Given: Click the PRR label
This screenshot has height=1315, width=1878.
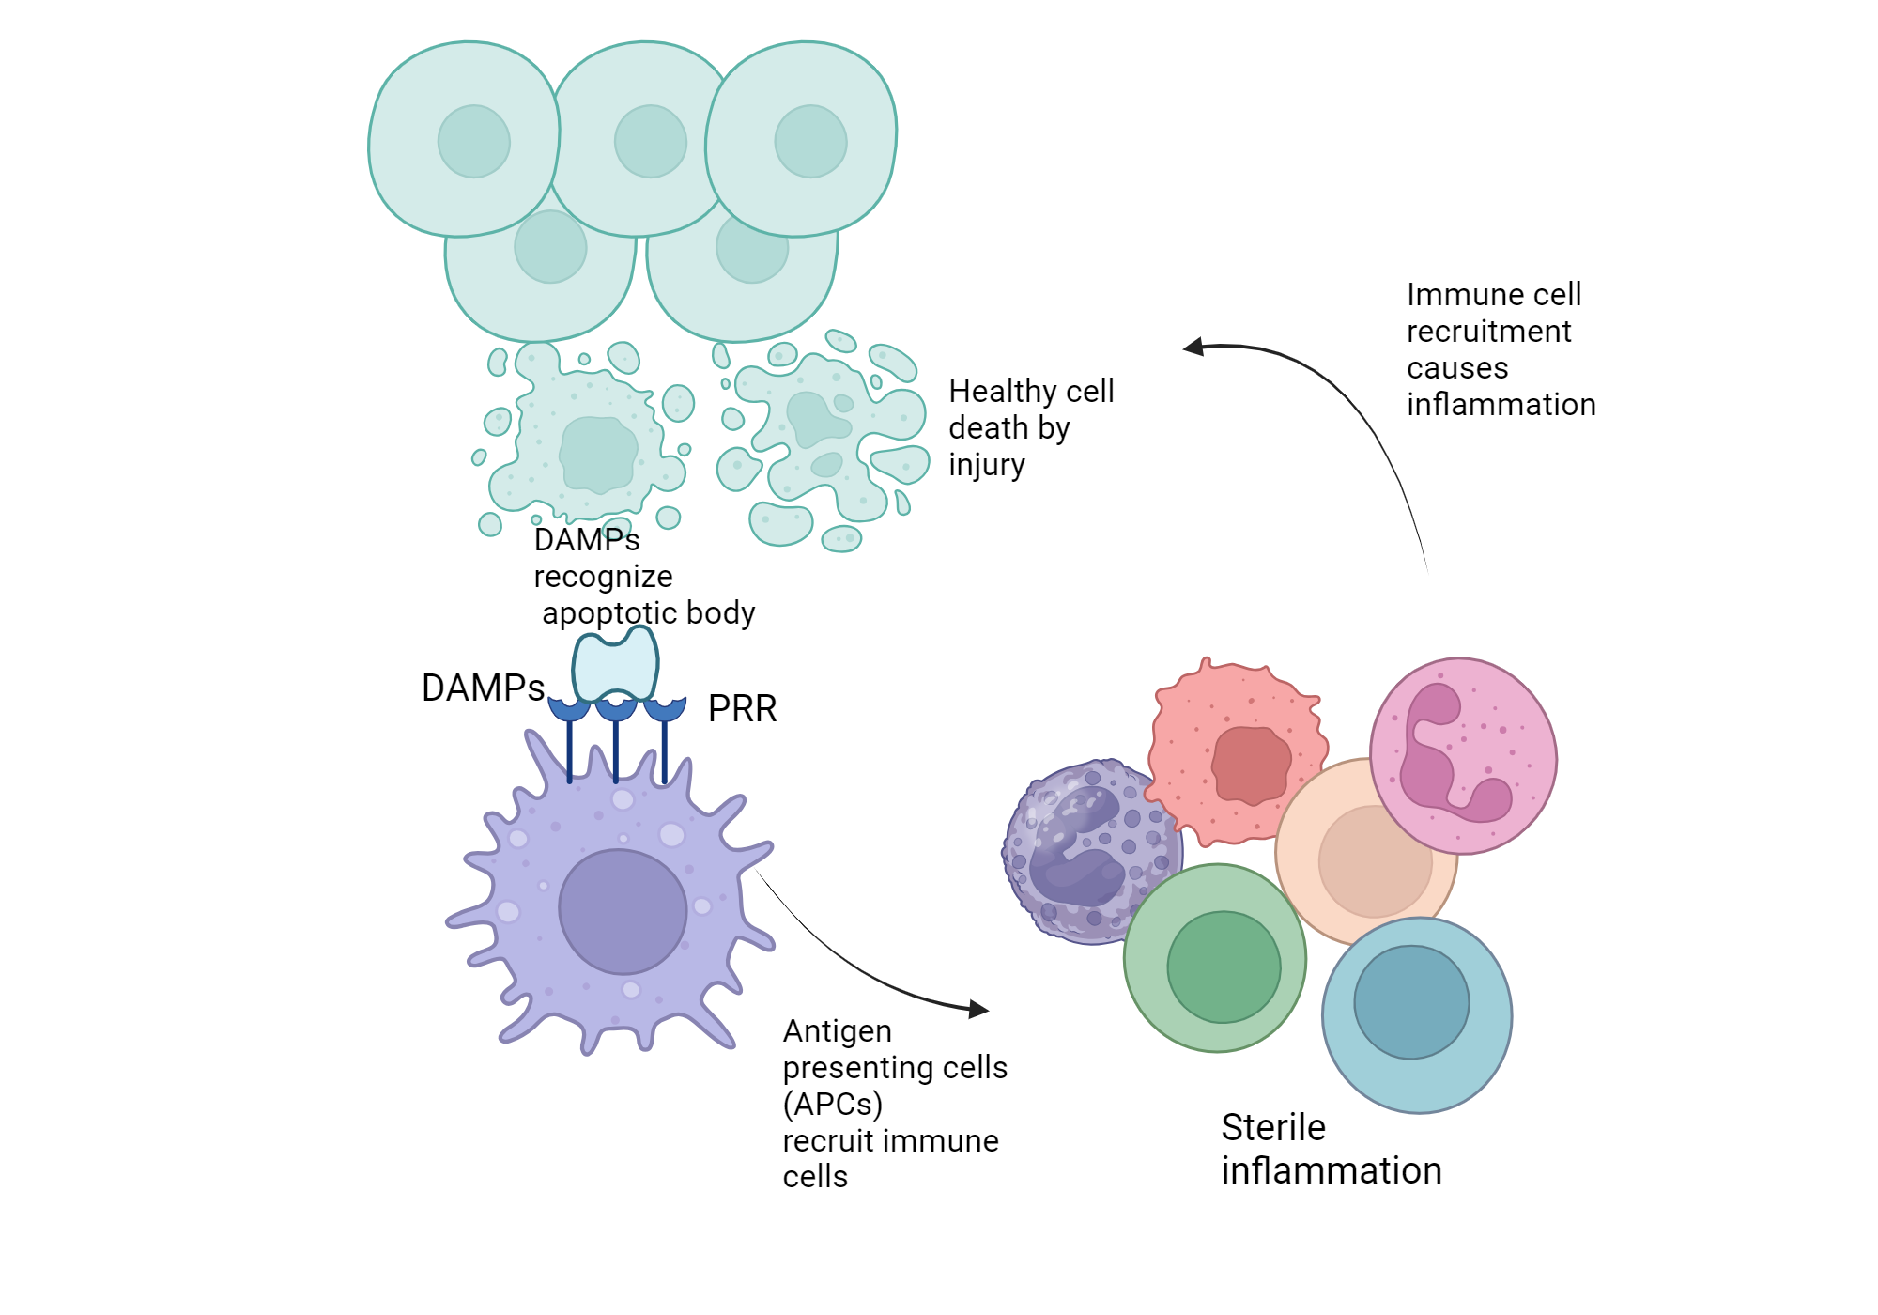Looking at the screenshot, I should point(742,708).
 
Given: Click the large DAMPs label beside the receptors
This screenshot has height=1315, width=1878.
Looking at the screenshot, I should point(483,688).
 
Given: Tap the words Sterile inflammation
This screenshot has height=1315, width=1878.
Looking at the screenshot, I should point(1330,1149).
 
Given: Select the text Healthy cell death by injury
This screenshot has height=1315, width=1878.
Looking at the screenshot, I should point(1030,427).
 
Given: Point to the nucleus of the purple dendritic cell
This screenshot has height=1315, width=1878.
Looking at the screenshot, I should point(623,911).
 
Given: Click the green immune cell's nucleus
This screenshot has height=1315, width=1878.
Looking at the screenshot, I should point(1224,967).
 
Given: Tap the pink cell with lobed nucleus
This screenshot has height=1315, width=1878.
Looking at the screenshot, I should point(1462,756).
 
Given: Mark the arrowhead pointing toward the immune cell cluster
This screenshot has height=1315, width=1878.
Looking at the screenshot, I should point(979,1010).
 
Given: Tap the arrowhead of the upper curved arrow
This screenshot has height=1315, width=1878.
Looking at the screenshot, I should point(1193,348).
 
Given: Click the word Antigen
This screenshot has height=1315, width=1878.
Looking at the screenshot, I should point(837,1031).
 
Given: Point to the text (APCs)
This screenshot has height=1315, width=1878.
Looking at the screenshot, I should point(832,1104).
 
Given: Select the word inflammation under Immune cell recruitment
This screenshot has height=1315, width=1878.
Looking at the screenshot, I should point(1501,405).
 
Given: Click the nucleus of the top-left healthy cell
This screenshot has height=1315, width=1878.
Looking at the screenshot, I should point(473,141).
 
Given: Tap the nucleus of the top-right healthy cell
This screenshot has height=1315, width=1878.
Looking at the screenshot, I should point(810,141).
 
